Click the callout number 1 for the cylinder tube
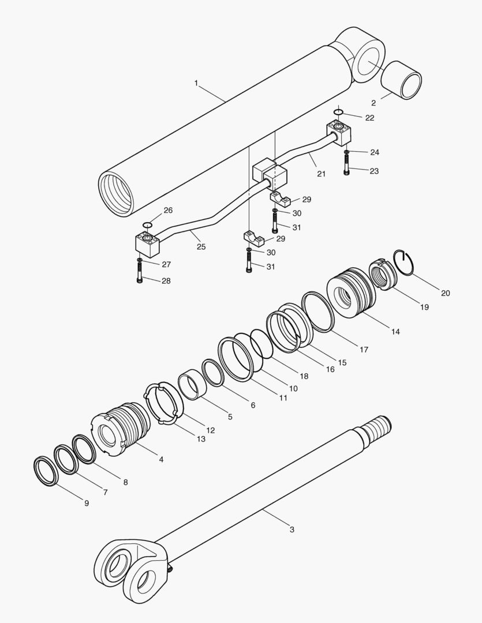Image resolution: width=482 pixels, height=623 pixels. (196, 83)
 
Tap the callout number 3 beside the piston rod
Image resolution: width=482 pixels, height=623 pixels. (292, 529)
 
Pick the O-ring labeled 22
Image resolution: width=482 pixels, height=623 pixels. (339, 111)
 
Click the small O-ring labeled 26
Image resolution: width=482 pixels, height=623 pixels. (147, 224)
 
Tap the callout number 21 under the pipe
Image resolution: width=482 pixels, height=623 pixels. (321, 174)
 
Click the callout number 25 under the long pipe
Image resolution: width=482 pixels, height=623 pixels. (201, 246)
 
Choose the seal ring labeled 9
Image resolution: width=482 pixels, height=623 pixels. (46, 471)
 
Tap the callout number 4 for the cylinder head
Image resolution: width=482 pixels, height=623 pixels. (160, 459)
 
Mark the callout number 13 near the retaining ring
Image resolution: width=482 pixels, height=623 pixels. (201, 439)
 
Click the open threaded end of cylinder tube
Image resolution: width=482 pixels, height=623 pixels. (116, 193)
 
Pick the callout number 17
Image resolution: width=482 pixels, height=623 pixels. (364, 350)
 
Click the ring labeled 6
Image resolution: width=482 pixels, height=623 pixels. (213, 372)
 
